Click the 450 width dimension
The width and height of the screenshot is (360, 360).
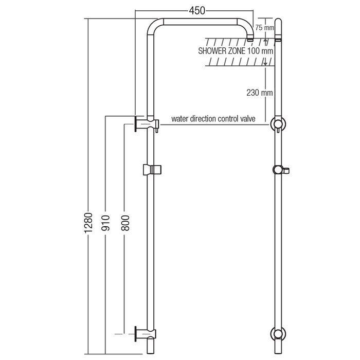coord(197,11)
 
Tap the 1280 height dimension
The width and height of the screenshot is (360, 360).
coord(88,223)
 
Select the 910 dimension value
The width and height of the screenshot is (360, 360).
coord(105,223)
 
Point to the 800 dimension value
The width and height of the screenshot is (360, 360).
coord(125,223)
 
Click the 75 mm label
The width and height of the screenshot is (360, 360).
coord(264,28)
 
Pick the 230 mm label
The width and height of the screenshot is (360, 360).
coord(260,93)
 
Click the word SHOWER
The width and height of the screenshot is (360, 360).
coord(212,51)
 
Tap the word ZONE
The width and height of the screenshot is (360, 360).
coord(237,51)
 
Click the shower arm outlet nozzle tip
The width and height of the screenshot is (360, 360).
coord(250,40)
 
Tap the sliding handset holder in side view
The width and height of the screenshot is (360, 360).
coord(152,170)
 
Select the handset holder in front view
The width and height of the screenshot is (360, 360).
coord(281,170)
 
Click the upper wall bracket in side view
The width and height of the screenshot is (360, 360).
coord(147,124)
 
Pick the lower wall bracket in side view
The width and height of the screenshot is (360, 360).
coord(146,334)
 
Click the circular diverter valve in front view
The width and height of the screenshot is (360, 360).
coord(278,124)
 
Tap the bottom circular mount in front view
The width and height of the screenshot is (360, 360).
coord(278,334)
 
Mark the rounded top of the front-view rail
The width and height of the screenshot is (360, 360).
coord(278,21)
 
